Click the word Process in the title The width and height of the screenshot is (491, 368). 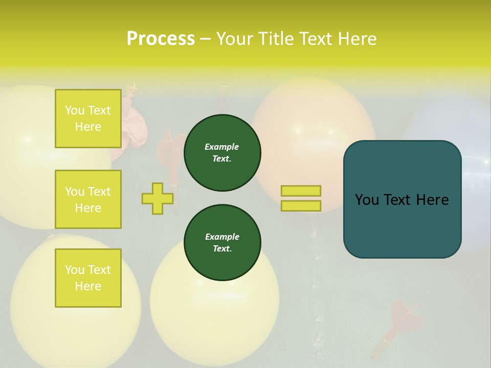click(161, 38)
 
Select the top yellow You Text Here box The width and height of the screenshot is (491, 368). click(88, 119)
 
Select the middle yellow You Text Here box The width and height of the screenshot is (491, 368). click(88, 199)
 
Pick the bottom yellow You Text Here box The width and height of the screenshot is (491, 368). click(88, 278)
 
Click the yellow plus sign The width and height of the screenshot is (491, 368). click(158, 198)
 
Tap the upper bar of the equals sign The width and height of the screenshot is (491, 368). click(301, 191)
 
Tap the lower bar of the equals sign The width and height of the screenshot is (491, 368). click(301, 205)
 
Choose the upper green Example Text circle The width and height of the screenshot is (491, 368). click(222, 153)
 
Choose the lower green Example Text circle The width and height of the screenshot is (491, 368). click(222, 243)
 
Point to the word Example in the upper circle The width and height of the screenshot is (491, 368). click(222, 147)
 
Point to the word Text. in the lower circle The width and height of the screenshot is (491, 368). click(222, 249)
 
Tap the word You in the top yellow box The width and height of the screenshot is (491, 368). click(75, 110)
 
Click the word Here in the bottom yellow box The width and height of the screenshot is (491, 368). click(88, 286)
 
